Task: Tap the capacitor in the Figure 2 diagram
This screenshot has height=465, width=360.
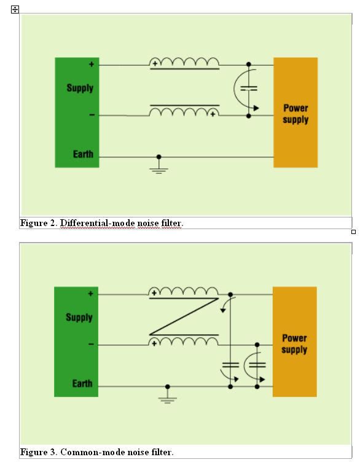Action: pos(249,88)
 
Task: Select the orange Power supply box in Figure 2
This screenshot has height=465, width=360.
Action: pos(295,112)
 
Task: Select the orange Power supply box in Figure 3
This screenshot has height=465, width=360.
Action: pos(294,342)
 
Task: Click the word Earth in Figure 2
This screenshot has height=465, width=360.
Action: pos(83,154)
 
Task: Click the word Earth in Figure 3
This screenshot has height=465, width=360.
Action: pos(82,383)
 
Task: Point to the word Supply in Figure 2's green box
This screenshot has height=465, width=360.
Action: pos(80,88)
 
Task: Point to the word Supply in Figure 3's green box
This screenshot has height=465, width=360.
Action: pos(79,318)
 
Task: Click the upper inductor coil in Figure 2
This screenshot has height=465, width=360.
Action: pos(184,61)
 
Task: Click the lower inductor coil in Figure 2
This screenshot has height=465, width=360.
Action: pos(184,112)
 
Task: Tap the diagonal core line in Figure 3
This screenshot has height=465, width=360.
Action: pos(184,316)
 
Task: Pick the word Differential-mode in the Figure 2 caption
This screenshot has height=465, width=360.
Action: pos(97,223)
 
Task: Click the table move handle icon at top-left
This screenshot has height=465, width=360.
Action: pos(15,9)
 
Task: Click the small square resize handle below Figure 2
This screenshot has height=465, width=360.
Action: pos(353,232)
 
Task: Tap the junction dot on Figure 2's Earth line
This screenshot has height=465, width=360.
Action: pos(159,157)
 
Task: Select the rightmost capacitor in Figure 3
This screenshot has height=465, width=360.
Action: pos(257,365)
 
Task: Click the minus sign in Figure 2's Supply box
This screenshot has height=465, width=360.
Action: pos(92,115)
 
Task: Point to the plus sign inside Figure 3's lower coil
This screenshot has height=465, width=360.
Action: pos(154,344)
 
